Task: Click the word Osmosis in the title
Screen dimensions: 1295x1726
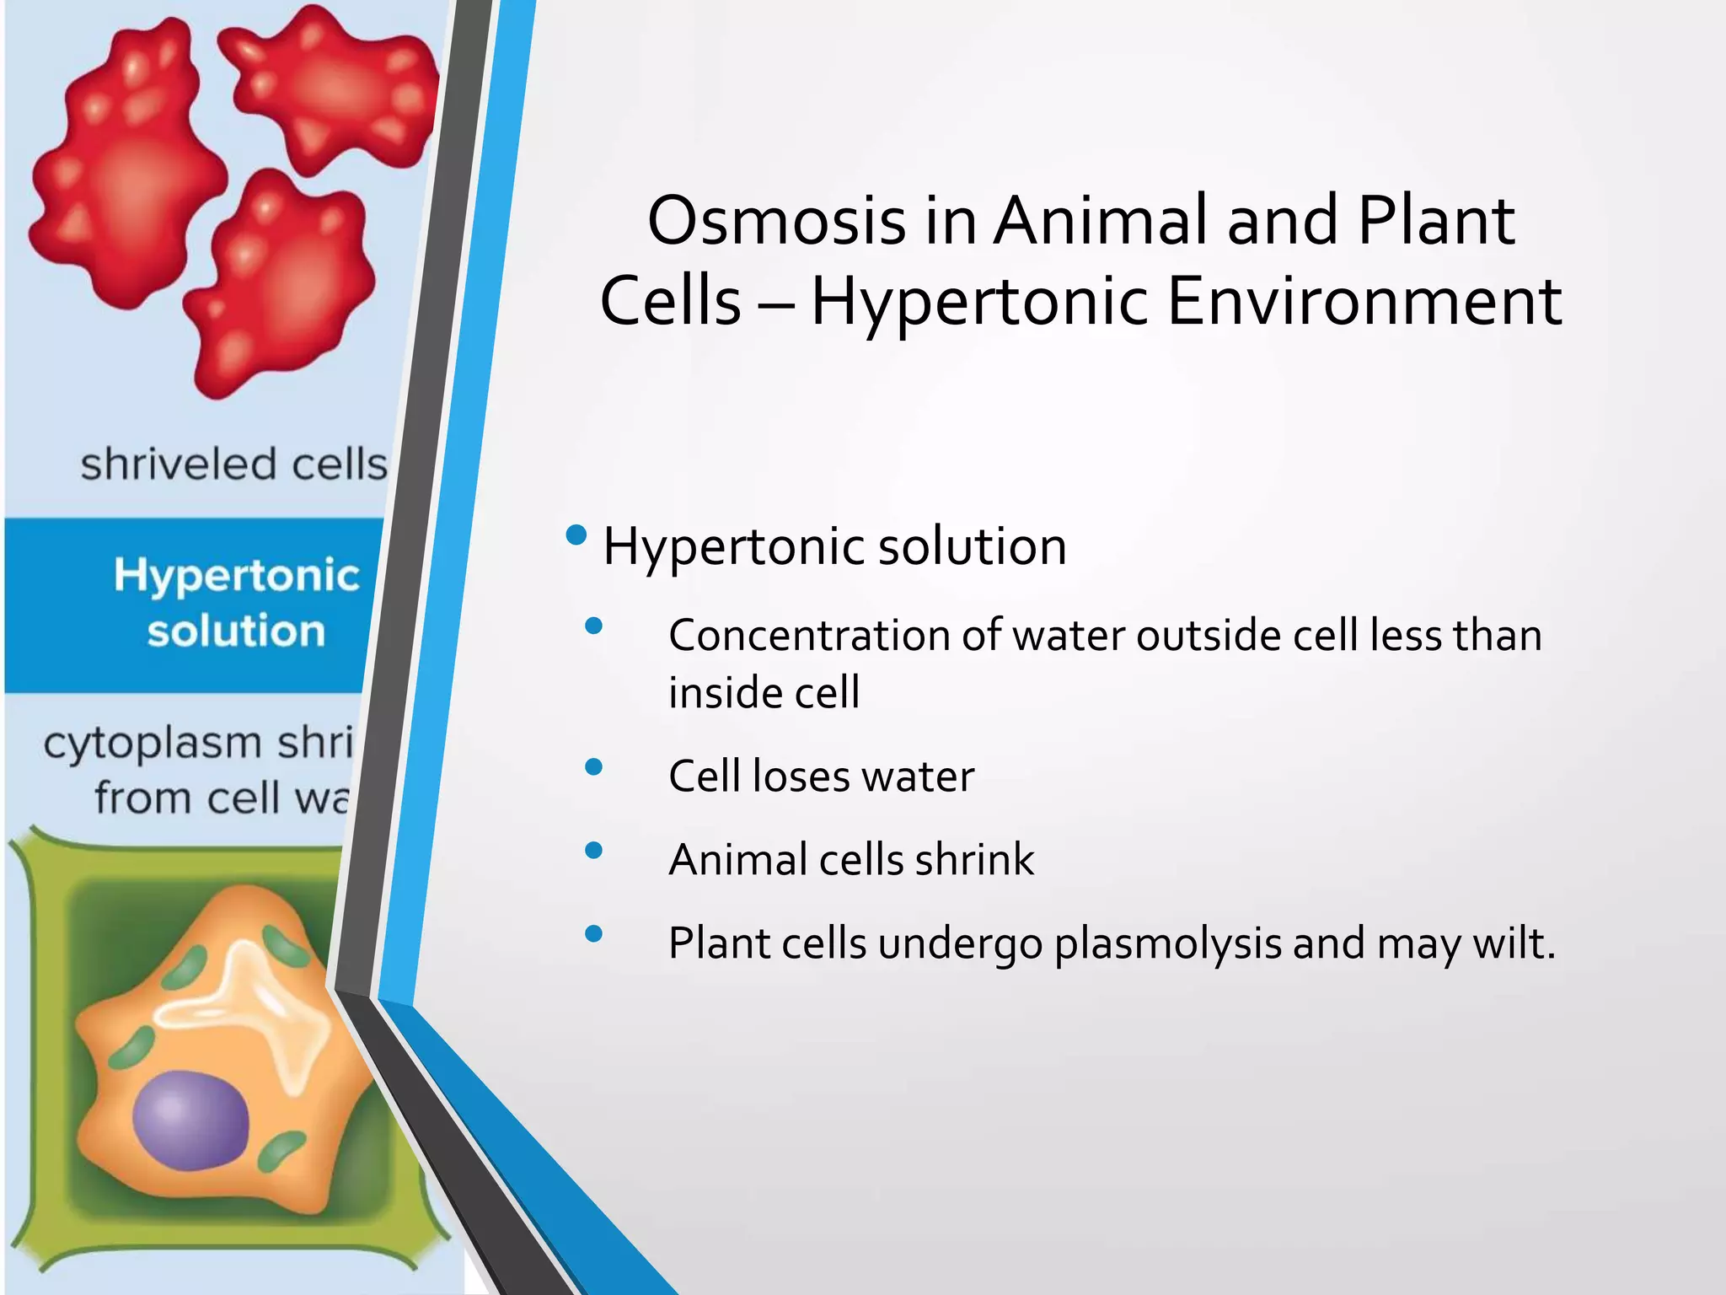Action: click(x=776, y=221)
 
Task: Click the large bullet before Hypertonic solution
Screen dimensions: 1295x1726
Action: click(x=576, y=535)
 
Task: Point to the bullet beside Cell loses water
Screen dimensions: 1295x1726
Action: click(x=593, y=766)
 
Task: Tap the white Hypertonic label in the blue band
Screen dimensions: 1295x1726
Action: click(x=237, y=576)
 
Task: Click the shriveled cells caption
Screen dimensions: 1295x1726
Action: click(x=233, y=465)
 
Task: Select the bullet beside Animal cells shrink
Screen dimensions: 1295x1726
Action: click(x=593, y=850)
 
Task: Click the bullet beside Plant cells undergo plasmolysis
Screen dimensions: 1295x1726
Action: click(x=593, y=932)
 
